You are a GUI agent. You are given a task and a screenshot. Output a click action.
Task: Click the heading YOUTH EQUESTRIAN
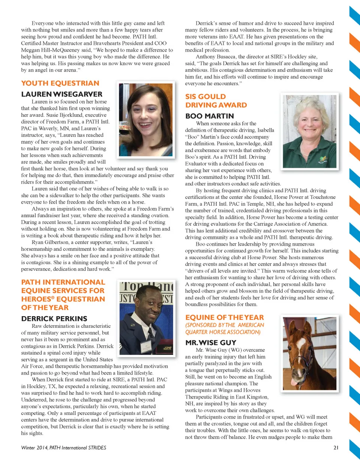click(60, 84)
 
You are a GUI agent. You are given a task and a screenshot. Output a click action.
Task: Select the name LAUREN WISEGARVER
click(61, 94)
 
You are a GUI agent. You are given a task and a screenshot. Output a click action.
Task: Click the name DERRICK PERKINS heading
click(54, 319)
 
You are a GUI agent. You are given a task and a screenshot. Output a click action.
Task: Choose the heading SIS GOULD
click(206, 97)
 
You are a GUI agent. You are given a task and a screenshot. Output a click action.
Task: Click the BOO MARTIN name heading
click(210, 116)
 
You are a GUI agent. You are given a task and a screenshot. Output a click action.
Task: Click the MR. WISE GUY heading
click(211, 342)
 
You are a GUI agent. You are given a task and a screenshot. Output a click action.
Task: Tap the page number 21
click(336, 448)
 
